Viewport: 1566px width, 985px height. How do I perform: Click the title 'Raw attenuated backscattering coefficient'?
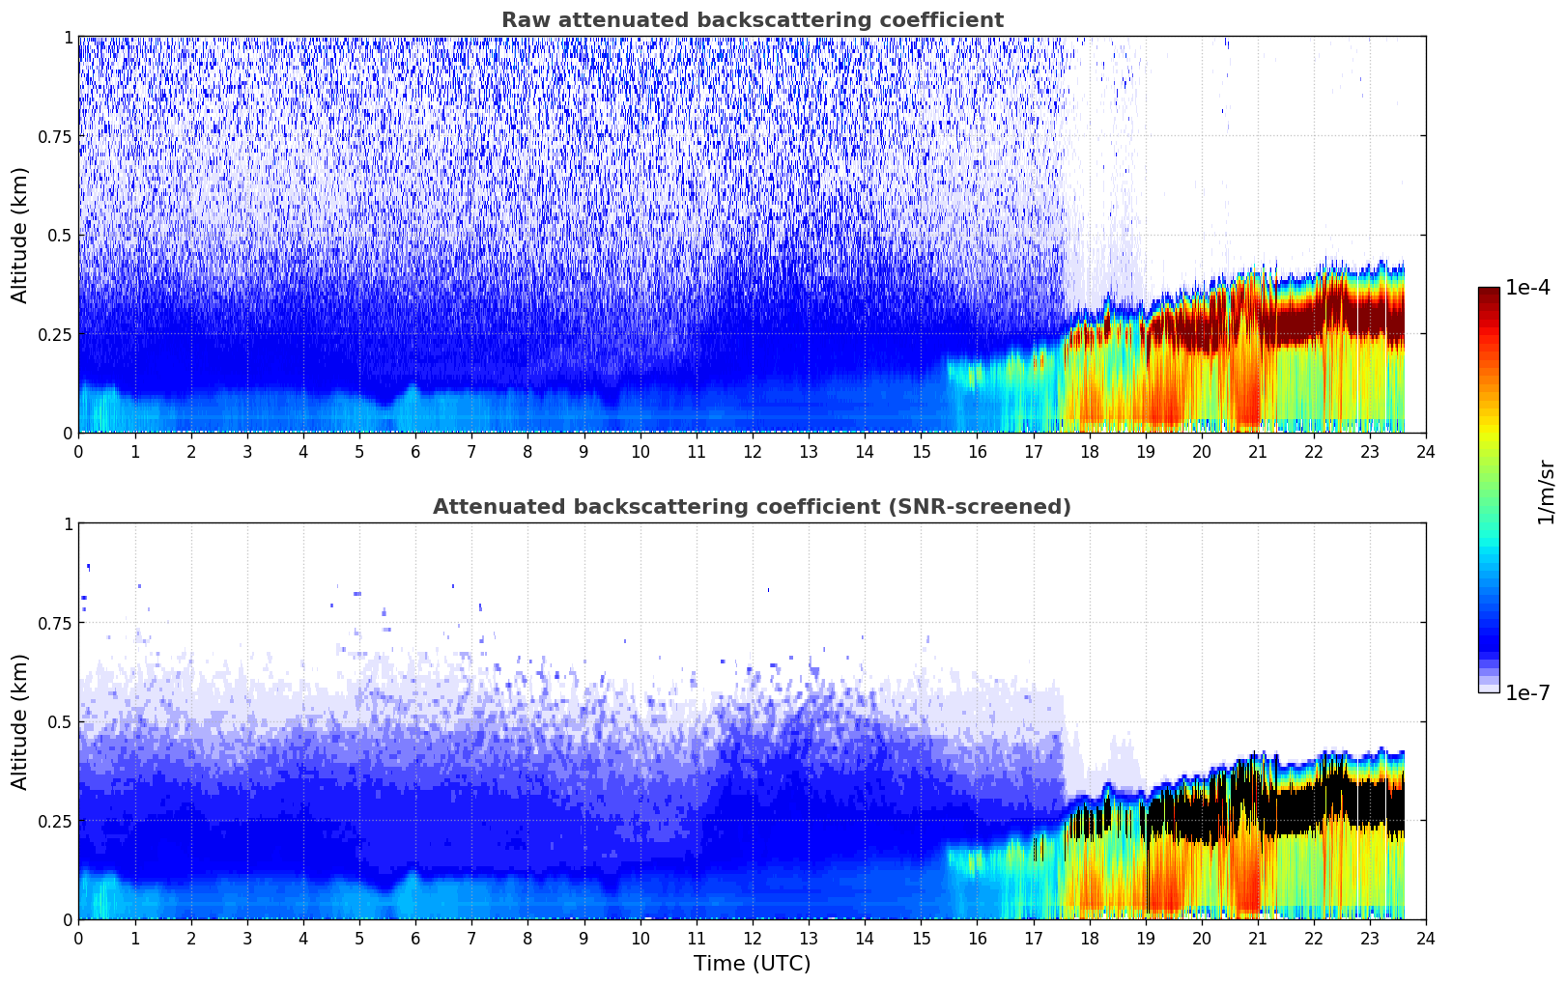click(x=752, y=20)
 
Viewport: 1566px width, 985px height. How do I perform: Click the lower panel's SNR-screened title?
click(x=752, y=507)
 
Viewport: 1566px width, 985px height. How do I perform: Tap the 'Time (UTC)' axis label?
click(x=752, y=964)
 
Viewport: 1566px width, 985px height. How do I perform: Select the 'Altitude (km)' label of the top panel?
click(x=20, y=235)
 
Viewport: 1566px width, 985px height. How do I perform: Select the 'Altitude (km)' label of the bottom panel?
click(x=20, y=721)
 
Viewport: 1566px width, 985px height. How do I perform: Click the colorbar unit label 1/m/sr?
click(x=1546, y=492)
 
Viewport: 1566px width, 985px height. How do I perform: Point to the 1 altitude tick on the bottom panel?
click(x=68, y=524)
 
